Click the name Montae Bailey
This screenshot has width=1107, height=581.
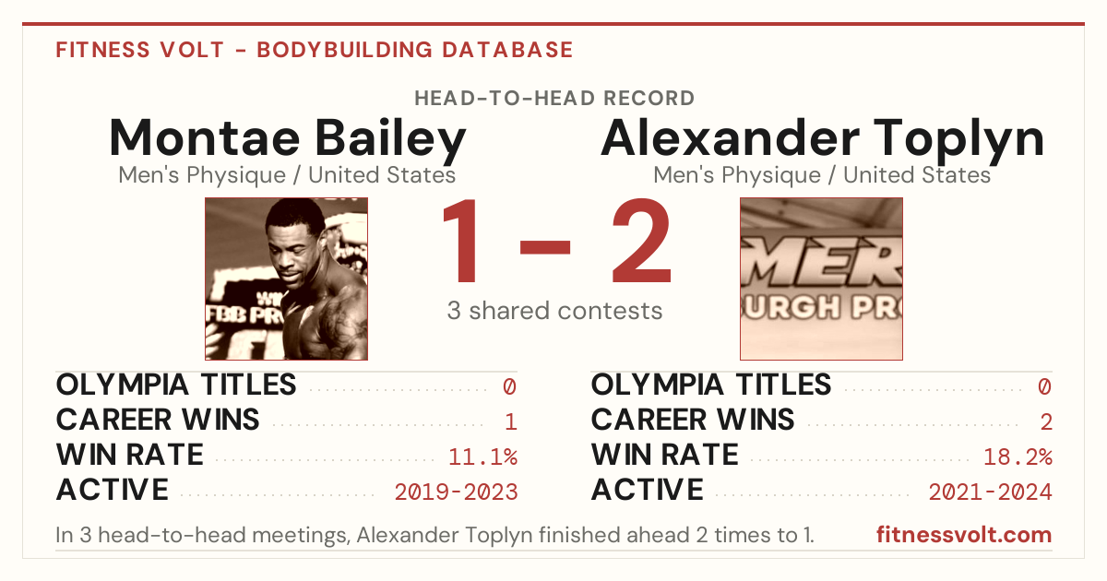[x=287, y=139]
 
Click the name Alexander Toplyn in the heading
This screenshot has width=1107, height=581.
[x=822, y=139]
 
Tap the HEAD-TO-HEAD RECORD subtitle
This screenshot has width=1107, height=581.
[x=554, y=99]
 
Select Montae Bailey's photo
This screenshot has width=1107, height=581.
[x=287, y=279]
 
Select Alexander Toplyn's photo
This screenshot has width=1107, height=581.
[x=821, y=279]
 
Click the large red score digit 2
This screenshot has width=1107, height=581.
[x=641, y=240]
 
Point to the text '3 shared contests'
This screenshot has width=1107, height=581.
[x=554, y=311]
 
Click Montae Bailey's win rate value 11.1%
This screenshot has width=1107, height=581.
[x=482, y=457]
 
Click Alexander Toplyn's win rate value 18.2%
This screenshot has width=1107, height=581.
[x=1018, y=457]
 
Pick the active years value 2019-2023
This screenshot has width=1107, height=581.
[x=456, y=492]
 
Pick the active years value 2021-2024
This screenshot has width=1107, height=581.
[x=991, y=492]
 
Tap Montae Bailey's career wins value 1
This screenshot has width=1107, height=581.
[x=511, y=422]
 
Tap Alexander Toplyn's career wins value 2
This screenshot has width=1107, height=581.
[x=1046, y=422]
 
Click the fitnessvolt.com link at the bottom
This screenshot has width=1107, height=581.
[x=964, y=535]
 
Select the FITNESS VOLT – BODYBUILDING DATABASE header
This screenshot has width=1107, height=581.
[x=315, y=50]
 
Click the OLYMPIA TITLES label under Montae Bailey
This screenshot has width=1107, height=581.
[x=176, y=385]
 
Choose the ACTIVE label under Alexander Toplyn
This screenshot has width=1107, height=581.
[x=647, y=490]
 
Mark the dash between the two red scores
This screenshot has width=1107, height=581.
[x=545, y=247]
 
